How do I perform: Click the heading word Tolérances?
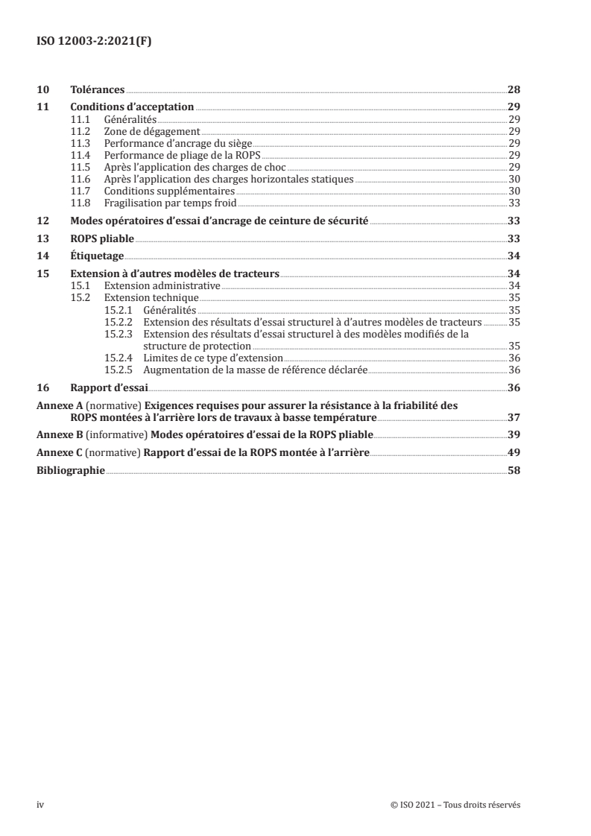coord(98,89)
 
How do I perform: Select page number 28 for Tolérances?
coord(514,89)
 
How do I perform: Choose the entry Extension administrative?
coord(162,285)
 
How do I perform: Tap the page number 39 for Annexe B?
coord(514,434)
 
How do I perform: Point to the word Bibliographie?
coord(71,471)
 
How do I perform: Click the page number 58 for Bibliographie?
coord(514,471)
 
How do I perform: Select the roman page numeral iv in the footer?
coord(40,805)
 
